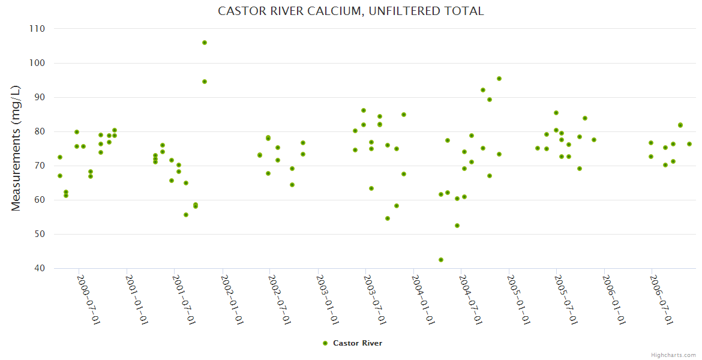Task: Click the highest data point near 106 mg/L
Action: coord(205,43)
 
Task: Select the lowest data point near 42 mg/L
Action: coord(441,260)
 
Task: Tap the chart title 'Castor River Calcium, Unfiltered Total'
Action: coord(351,11)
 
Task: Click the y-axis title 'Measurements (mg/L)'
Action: coord(16,148)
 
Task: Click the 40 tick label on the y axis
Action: coord(40,268)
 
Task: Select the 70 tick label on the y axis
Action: coord(40,166)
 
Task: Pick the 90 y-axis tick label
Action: coord(40,97)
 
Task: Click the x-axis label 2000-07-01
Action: coord(89,300)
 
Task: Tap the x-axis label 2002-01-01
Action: coord(232,300)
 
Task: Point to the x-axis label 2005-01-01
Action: coord(519,300)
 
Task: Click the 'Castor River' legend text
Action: coord(358,343)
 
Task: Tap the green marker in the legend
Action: coord(325,343)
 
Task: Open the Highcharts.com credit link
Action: coord(673,355)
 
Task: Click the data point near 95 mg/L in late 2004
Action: coord(499,79)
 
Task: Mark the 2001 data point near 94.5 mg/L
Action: coord(205,82)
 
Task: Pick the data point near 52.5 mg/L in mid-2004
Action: coord(457,226)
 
